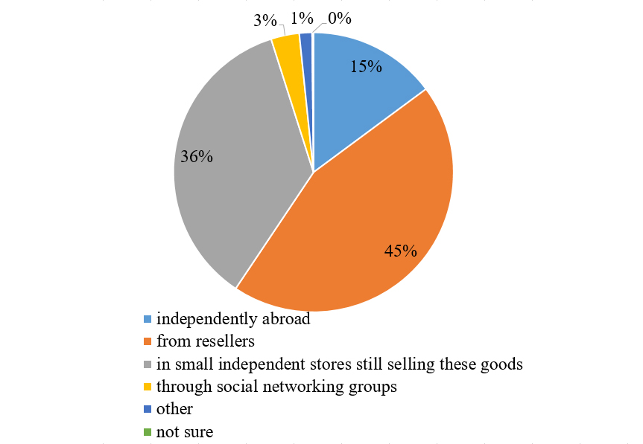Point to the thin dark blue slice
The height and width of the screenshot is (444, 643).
305,45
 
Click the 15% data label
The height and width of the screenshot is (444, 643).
367,67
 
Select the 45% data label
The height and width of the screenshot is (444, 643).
400,251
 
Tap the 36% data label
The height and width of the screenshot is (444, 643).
197,157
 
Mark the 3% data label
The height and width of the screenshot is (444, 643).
265,21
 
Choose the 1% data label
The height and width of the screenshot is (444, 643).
302,19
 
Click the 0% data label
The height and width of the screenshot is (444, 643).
339,19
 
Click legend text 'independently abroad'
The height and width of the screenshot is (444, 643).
232,320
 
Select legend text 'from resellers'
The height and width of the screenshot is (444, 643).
206,342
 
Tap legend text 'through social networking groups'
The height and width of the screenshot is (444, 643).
276,387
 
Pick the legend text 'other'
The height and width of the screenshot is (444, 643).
174,409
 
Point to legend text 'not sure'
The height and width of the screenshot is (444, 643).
185,431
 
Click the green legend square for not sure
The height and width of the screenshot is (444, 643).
148,431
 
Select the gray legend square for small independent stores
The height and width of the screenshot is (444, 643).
148,364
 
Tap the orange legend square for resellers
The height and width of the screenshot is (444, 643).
148,342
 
